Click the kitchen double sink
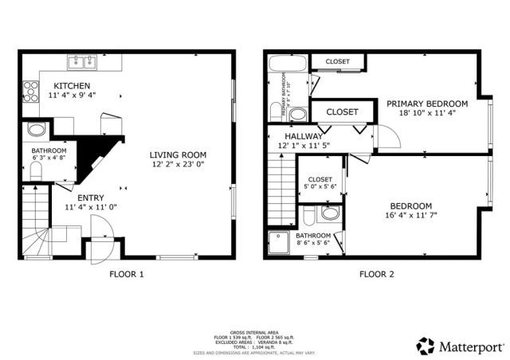tap(81, 61)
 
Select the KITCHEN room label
tap(71, 85)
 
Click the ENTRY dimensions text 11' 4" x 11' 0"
tap(91, 208)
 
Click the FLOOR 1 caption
tap(126, 275)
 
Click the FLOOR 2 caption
tap(375, 275)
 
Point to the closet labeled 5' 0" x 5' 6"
tap(320, 184)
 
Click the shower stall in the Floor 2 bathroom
tap(279, 243)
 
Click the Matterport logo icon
tap(425, 346)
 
